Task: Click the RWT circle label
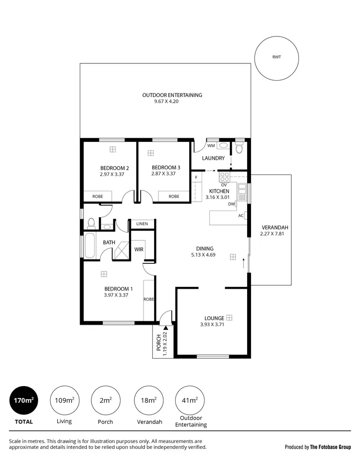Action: click(277, 57)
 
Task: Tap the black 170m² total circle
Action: click(24, 400)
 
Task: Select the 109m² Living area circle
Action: click(64, 400)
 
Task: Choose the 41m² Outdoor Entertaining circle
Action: click(191, 400)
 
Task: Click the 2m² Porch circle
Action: click(105, 400)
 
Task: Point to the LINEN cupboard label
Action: click(142, 224)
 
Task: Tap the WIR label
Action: click(139, 249)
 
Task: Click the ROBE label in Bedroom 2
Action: click(98, 196)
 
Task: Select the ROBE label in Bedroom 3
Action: click(174, 196)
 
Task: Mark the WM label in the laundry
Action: click(210, 145)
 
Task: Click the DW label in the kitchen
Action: click(231, 204)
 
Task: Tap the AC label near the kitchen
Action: click(240, 215)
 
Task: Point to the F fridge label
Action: click(196, 178)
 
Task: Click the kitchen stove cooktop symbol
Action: click(224, 176)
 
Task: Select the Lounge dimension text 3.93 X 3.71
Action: click(212, 324)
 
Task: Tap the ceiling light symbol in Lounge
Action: click(229, 318)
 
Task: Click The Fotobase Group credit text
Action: click(330, 447)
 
